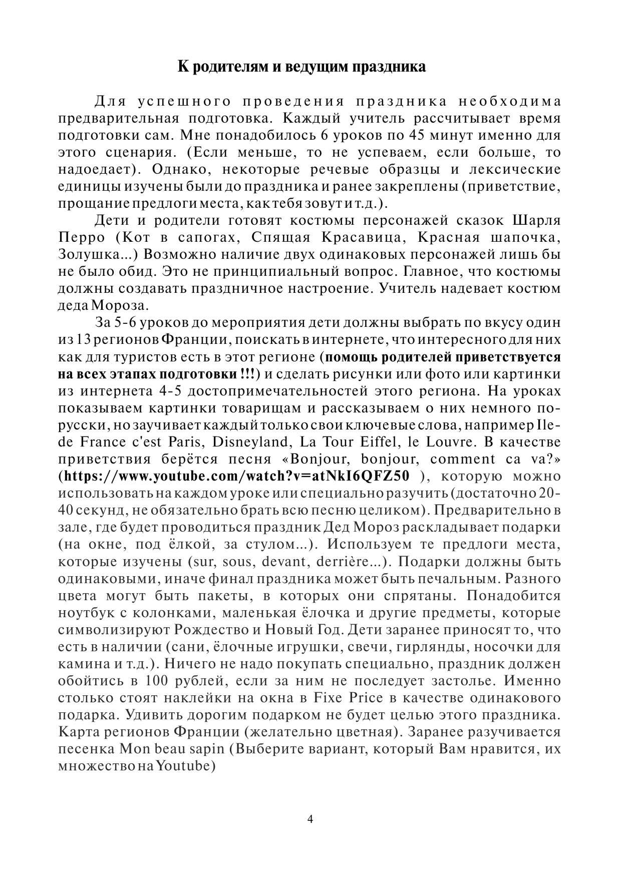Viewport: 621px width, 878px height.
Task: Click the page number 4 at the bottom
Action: click(310, 819)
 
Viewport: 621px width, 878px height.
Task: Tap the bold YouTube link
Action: click(237, 476)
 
